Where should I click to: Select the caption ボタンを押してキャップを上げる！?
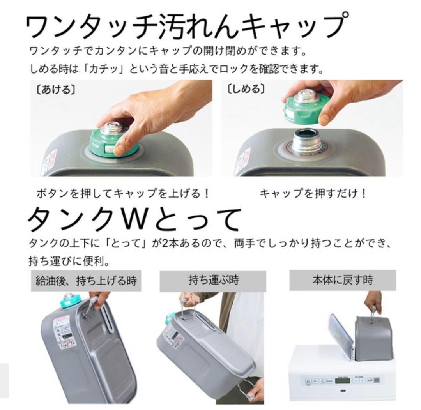point(123,193)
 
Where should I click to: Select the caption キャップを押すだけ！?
point(313,193)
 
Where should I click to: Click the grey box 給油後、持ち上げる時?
point(86,281)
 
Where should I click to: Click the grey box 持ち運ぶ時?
point(214,281)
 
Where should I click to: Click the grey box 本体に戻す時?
point(342,280)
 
